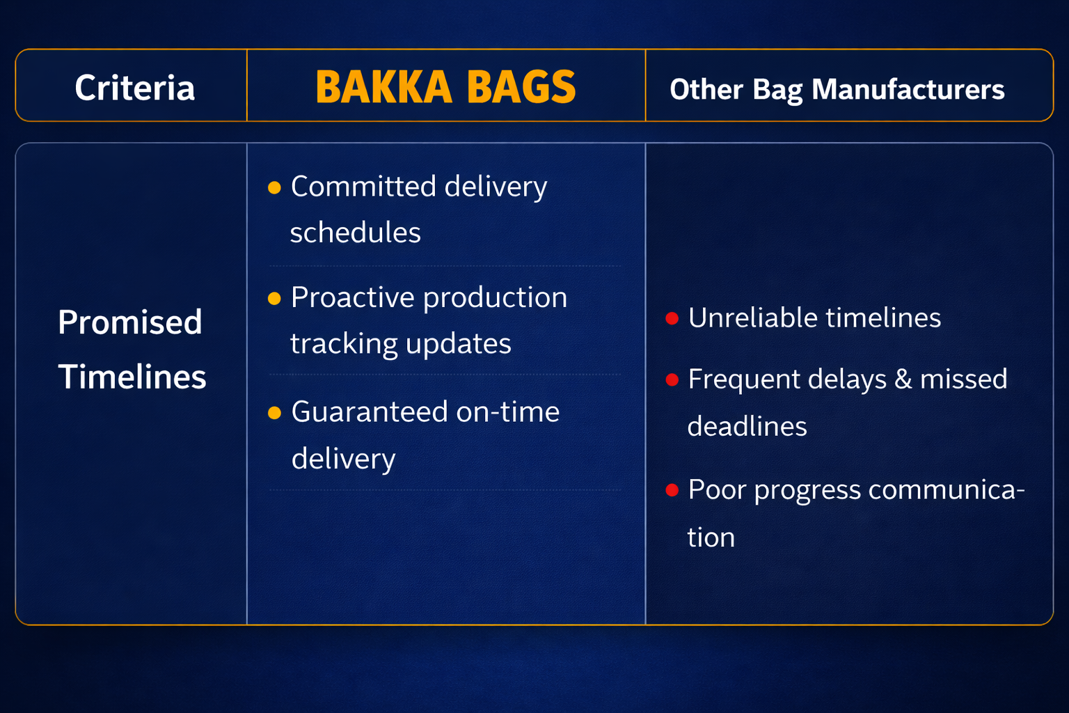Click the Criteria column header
coord(134,88)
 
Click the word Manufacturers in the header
coord(908,89)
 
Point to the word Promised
coord(130,322)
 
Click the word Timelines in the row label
coord(132,376)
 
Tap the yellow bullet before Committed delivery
coord(274,188)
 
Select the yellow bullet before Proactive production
coord(274,299)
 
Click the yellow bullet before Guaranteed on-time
coord(274,413)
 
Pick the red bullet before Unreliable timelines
coord(672,318)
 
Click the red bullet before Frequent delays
coord(672,379)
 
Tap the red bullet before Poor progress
coord(672,490)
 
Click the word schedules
coord(356,233)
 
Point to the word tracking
coord(344,344)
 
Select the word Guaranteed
coord(370,412)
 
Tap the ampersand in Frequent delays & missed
coord(903,379)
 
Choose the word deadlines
coord(747,426)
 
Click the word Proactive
coord(353,297)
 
